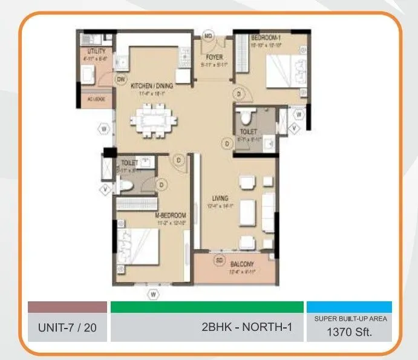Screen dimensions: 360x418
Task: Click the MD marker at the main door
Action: point(208,36)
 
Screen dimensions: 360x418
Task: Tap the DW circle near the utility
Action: point(121,79)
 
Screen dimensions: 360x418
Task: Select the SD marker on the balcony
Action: point(220,261)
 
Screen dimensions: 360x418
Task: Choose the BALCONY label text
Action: point(242,264)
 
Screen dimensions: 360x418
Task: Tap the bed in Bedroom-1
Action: point(284,70)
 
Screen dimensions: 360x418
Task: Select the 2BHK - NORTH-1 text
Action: point(247,328)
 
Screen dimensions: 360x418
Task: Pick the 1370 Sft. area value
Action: point(349,332)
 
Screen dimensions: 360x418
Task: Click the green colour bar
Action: point(207,307)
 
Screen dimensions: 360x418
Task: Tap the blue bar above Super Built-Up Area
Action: point(349,307)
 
